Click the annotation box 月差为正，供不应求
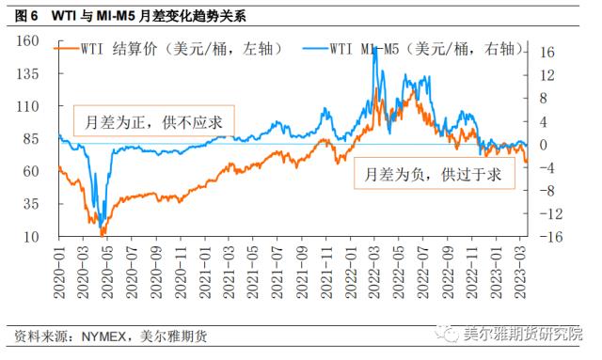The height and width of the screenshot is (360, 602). (152, 119)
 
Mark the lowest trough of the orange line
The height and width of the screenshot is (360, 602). (103, 232)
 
